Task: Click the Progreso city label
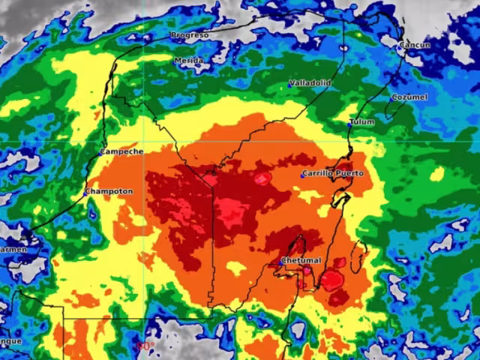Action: coord(189,35)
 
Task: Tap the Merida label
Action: coord(188,60)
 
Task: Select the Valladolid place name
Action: coord(310,83)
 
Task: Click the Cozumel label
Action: coord(409,97)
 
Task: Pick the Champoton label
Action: coord(109,191)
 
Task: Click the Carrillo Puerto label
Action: coord(334,173)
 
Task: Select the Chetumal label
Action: coord(301,260)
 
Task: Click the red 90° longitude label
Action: coord(145,346)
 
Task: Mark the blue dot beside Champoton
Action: coord(85,193)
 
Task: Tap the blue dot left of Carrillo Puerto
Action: coord(304,175)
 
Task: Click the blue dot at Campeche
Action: coord(99,154)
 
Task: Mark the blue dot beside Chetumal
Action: coord(280,262)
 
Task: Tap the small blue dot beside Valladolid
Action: coord(289,85)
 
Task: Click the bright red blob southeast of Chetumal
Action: coord(331,280)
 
